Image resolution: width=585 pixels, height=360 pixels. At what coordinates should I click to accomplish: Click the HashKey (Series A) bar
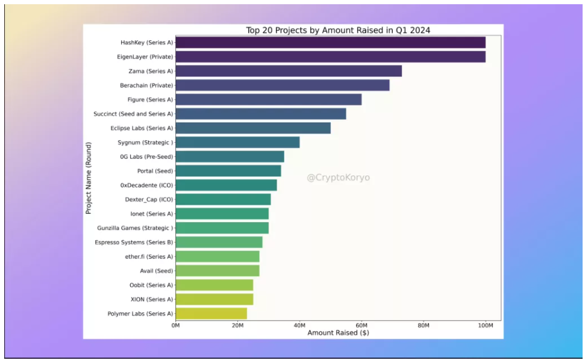330,42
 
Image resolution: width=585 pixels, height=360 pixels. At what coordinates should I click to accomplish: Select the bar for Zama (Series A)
289,71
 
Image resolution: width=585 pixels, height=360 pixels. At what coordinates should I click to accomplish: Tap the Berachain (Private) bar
283,85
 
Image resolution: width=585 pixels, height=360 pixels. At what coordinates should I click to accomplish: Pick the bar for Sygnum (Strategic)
237,142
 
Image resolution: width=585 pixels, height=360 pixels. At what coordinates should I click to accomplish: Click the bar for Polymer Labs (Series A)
211,314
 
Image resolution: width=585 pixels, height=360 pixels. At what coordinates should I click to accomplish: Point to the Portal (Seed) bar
228,171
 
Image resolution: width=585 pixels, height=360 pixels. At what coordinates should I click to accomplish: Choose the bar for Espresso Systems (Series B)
219,242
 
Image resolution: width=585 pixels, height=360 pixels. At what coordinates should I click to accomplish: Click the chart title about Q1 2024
338,30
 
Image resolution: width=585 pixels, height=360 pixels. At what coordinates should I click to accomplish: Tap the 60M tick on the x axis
361,326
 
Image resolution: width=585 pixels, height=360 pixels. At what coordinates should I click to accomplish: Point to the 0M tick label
175,326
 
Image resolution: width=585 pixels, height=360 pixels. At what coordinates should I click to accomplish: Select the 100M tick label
486,326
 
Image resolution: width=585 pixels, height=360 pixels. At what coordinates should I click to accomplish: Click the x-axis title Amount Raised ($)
338,333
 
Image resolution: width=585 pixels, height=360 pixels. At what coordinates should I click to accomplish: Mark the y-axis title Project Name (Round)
89,178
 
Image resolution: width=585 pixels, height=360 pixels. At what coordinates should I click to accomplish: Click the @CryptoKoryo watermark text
338,178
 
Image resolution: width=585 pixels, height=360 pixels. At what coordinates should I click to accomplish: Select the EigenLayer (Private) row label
145,57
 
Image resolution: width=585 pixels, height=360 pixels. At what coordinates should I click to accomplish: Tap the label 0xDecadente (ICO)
147,185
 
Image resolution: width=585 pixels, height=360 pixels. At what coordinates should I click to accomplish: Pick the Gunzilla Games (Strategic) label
135,228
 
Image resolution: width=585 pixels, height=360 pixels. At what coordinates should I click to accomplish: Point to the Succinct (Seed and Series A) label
133,114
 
